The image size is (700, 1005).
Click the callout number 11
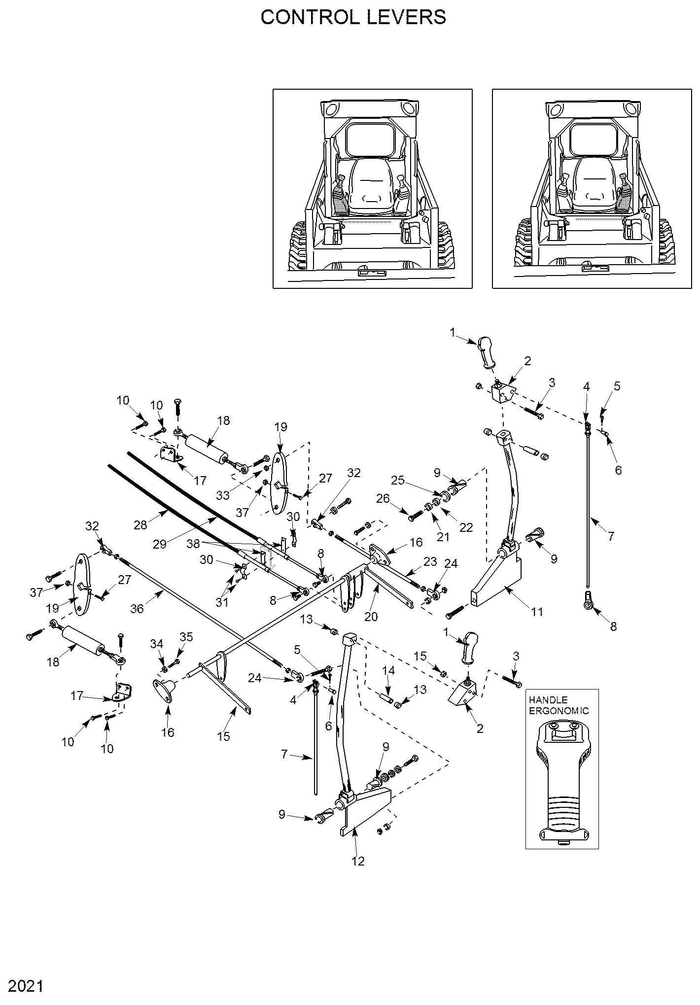pyautogui.click(x=537, y=612)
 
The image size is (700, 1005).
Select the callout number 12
pyautogui.click(x=358, y=861)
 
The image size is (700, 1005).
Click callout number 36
pyautogui.click(x=137, y=609)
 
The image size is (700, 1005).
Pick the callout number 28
pyautogui.click(x=140, y=524)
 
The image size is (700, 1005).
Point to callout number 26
pyautogui.click(x=383, y=499)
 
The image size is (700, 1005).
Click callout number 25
pyautogui.click(x=399, y=480)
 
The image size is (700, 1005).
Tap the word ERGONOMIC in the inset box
pyautogui.click(x=559, y=710)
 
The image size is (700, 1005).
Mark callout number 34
pyautogui.click(x=156, y=644)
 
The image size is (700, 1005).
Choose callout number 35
pyautogui.click(x=186, y=636)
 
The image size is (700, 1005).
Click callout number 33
pyautogui.click(x=223, y=495)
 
